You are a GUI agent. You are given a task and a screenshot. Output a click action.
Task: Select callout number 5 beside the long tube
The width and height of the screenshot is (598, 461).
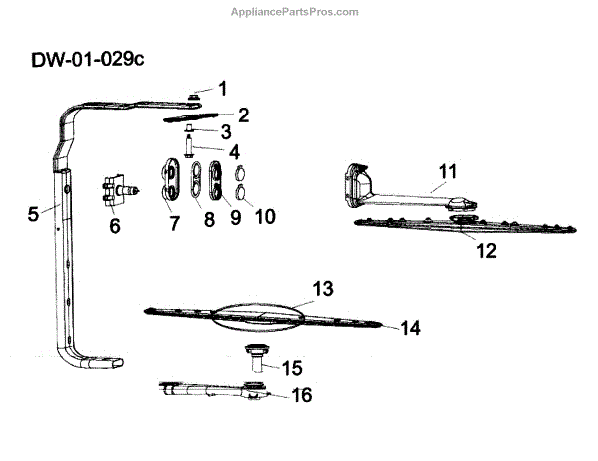point(33,212)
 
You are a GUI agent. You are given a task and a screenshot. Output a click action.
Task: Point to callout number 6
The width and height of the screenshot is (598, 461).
point(114,226)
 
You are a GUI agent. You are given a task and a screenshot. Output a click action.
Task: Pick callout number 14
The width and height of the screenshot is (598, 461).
point(412,327)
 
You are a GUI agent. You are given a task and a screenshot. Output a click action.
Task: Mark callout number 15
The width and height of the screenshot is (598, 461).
point(291,367)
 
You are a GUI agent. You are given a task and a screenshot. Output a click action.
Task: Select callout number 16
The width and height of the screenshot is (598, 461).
point(300,395)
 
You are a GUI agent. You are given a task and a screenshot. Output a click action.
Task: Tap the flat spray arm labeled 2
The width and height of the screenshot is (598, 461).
point(193,116)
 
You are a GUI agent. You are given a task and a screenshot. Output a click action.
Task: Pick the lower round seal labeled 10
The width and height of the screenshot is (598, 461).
point(240,190)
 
